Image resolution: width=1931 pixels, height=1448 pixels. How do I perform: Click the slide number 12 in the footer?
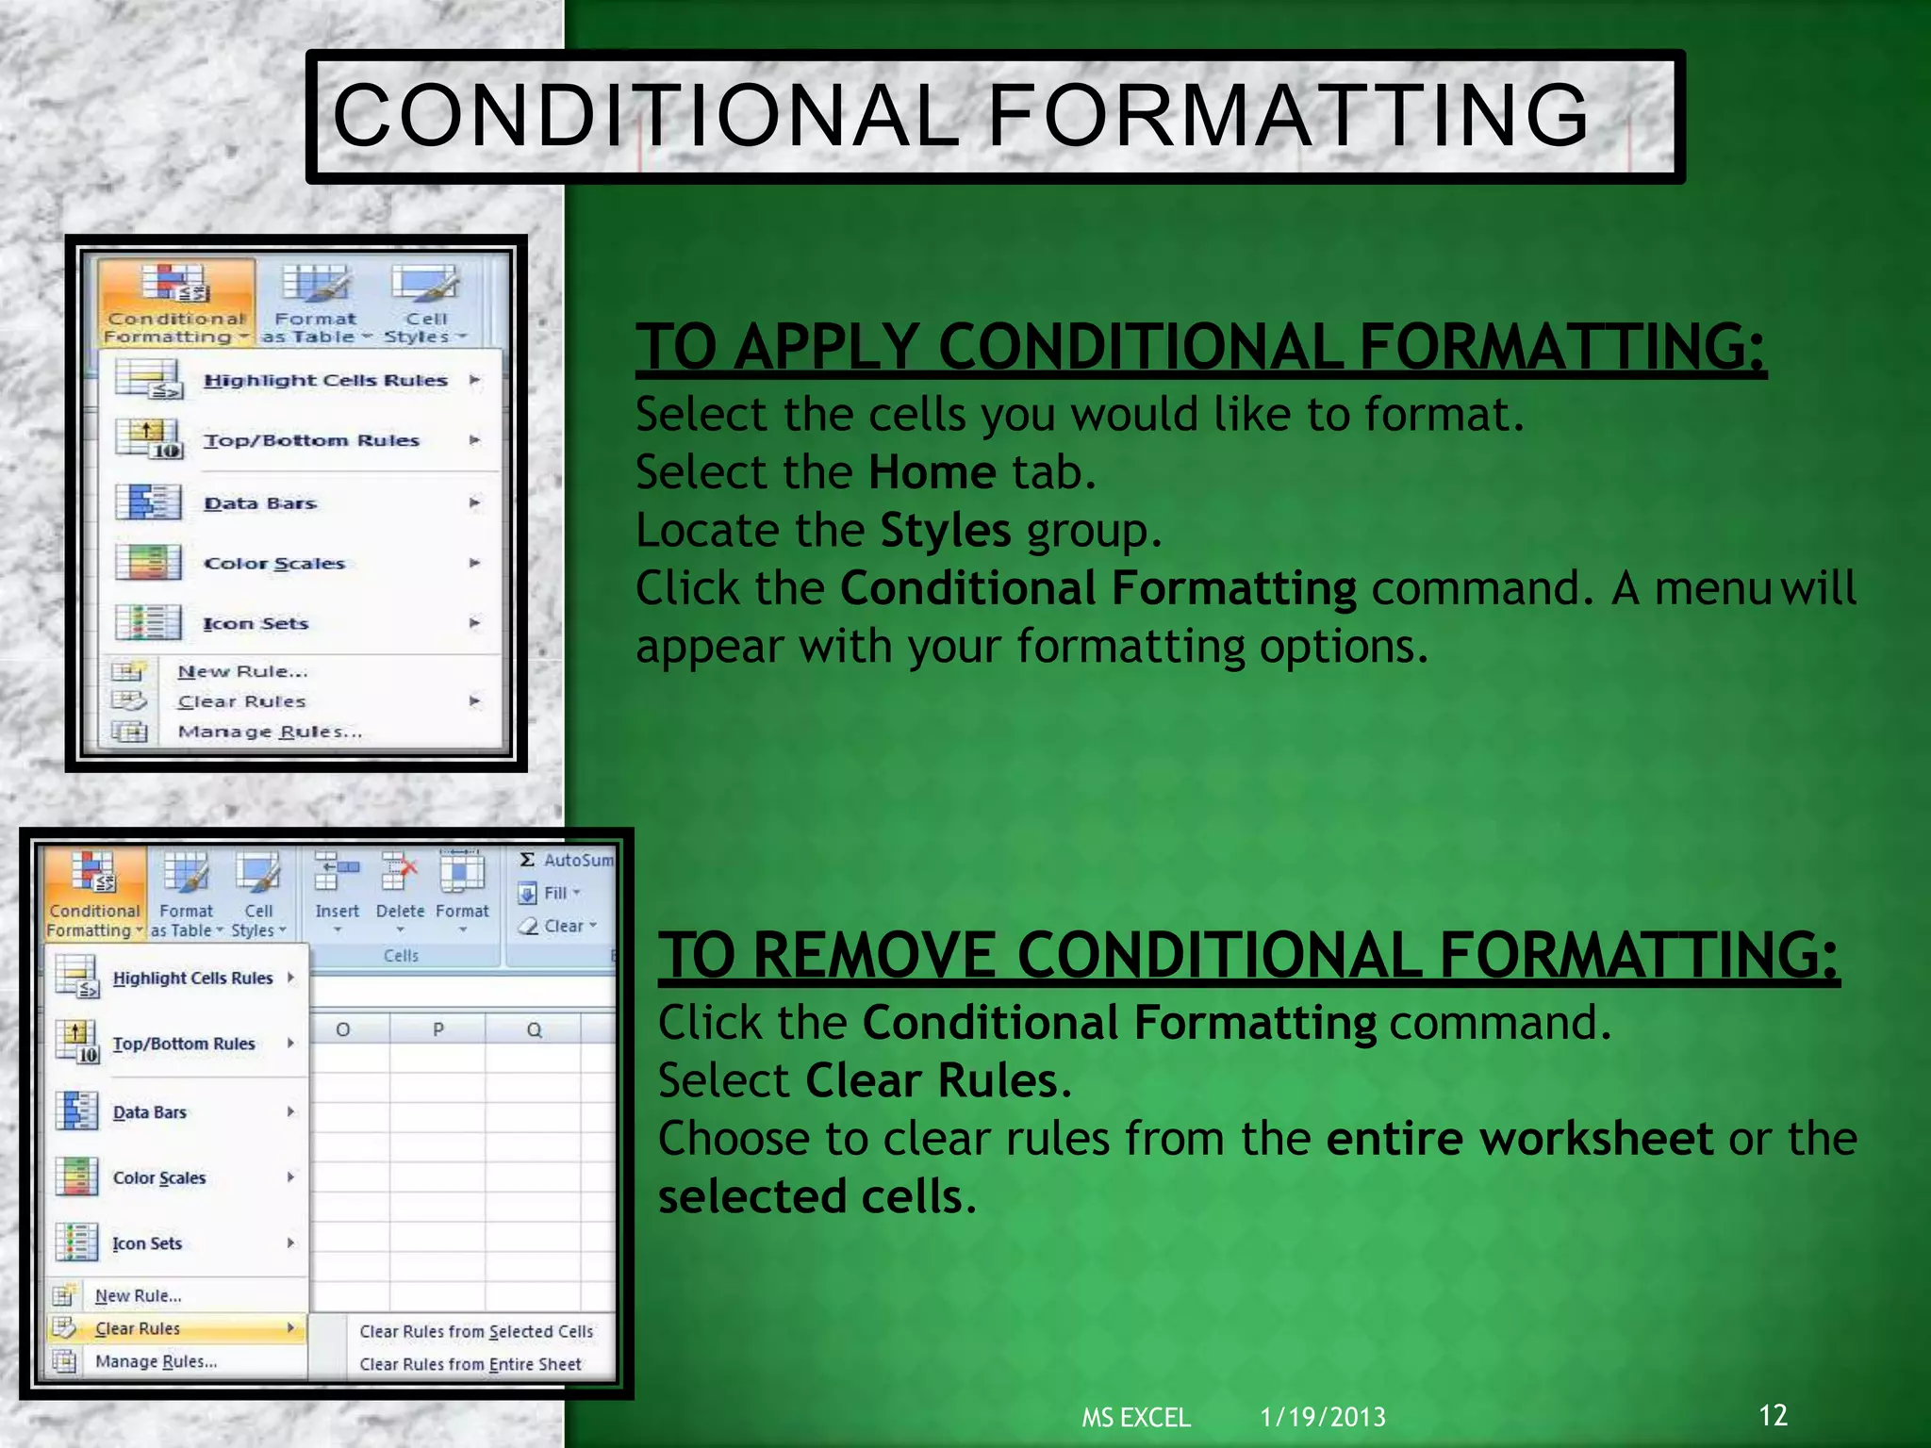pyautogui.click(x=1773, y=1414)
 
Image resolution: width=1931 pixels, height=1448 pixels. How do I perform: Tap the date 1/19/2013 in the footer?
pyautogui.click(x=1322, y=1417)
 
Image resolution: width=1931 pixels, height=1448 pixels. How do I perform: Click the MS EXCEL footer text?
pyautogui.click(x=1135, y=1417)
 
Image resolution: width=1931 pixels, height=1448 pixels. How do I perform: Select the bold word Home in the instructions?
pyautogui.click(x=932, y=472)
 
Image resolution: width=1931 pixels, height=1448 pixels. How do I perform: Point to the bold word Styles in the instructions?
pyautogui.click(x=945, y=531)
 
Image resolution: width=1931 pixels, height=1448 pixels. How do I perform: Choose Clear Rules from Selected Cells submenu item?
pyautogui.click(x=475, y=1331)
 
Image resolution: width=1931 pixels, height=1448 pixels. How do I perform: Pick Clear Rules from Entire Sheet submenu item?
pyautogui.click(x=470, y=1364)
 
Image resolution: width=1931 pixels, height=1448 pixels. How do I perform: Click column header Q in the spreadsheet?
pyautogui.click(x=534, y=1029)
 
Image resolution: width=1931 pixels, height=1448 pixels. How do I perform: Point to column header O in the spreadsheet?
pyautogui.click(x=343, y=1029)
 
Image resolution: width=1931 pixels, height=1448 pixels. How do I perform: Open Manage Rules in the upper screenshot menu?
pyautogui.click(x=269, y=732)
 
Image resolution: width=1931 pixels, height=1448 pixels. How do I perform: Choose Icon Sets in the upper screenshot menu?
pyautogui.click(x=256, y=623)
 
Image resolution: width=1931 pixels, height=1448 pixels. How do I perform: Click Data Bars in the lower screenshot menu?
pyautogui.click(x=149, y=1112)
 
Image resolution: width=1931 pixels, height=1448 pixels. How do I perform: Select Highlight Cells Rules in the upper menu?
pyautogui.click(x=325, y=380)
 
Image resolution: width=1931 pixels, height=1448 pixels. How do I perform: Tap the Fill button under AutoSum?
pyautogui.click(x=554, y=893)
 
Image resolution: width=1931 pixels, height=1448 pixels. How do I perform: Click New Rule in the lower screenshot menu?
pyautogui.click(x=138, y=1295)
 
